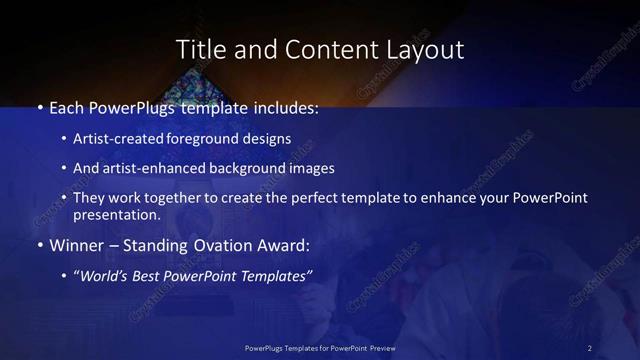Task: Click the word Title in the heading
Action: point(200,49)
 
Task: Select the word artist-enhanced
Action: point(151,168)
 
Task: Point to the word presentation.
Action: point(116,214)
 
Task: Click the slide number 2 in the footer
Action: point(590,347)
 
